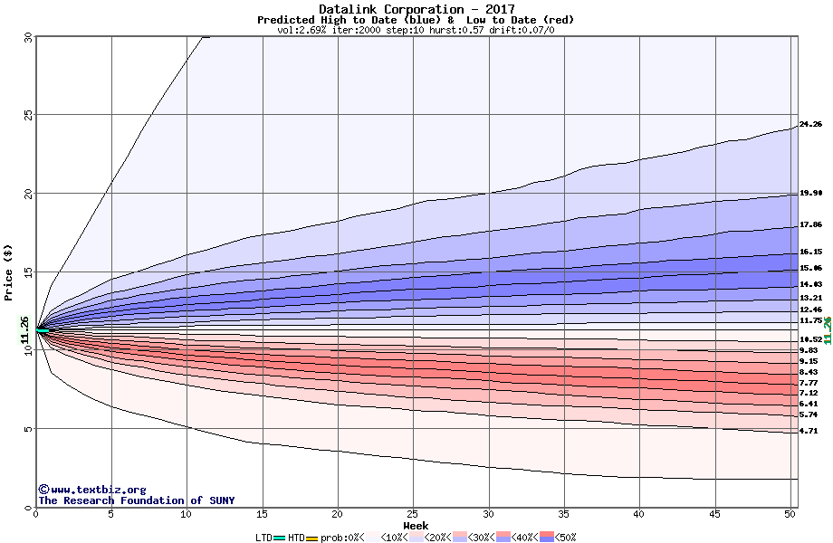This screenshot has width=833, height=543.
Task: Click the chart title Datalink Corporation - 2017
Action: (416, 9)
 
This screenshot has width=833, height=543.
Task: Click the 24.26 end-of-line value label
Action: (810, 124)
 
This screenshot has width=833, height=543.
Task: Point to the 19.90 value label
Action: (810, 193)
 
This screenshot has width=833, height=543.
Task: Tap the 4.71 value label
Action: (809, 432)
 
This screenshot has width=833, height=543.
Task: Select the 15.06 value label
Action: (810, 268)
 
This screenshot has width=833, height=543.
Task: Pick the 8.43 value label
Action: (809, 372)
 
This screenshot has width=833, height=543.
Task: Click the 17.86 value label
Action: (810, 224)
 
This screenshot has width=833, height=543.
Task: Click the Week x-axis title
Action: (416, 525)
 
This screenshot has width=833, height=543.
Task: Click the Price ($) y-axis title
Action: (9, 271)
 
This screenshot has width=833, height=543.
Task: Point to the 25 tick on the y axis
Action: (27, 115)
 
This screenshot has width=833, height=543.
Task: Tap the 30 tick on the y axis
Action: (27, 37)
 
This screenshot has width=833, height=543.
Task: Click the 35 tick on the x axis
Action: (564, 514)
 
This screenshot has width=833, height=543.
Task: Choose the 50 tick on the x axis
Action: (790, 514)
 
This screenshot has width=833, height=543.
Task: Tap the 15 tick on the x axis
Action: (263, 514)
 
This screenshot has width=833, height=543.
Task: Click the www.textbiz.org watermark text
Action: (92, 490)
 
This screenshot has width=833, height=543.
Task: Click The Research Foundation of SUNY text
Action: (136, 500)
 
